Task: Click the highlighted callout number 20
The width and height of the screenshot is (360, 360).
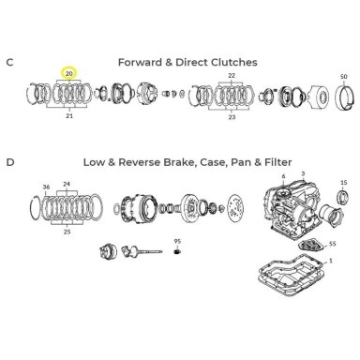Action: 69,74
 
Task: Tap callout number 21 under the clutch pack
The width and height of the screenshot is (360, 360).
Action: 69,116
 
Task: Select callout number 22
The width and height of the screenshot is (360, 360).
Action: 232,76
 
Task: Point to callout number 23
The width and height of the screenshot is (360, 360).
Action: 232,117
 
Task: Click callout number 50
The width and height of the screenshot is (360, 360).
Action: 343,76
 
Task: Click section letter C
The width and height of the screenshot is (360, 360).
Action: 9,62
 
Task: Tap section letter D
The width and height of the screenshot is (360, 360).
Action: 10,162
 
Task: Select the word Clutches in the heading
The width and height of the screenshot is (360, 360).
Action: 234,62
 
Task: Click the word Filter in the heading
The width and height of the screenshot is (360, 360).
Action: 278,162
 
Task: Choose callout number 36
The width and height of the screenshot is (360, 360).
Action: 46,187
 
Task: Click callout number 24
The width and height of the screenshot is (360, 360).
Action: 67,184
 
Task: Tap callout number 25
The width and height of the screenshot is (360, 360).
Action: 67,232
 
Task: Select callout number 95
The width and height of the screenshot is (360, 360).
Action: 177,241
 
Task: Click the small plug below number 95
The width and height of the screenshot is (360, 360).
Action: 178,251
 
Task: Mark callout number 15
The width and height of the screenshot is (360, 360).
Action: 344,183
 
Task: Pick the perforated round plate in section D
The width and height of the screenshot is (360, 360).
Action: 236,209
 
